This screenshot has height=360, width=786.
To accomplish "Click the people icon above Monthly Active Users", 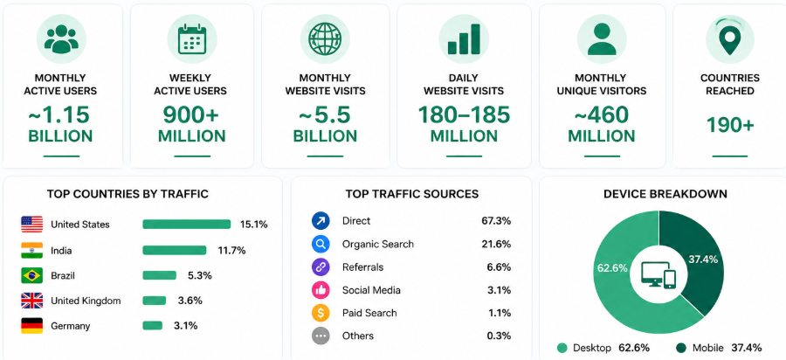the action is (61, 38).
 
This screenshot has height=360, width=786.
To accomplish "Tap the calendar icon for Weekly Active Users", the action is (192, 38).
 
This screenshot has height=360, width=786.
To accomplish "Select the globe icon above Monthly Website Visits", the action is (324, 38).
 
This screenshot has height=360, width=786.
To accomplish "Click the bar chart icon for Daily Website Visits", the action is (464, 38).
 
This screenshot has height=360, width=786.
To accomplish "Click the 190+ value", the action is (730, 125).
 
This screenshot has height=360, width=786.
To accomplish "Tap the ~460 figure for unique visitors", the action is (602, 115).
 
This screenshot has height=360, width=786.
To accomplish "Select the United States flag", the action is (31, 224).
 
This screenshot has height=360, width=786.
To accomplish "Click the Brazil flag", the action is (31, 275).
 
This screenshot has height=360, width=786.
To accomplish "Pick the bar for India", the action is (175, 250).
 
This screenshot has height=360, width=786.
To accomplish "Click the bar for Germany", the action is (152, 325).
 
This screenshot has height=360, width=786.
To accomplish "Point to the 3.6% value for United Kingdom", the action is (190, 301).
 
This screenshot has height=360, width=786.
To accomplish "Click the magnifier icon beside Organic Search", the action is (321, 244).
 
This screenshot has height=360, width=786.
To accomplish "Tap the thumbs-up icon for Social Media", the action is (321, 290).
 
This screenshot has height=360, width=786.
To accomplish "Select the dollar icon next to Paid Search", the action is (321, 313).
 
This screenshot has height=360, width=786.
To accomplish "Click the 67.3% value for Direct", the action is (499, 220).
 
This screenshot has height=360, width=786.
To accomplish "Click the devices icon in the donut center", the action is (658, 274).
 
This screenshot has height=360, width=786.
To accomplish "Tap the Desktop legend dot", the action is (562, 348).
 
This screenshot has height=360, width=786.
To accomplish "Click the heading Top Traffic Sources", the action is (412, 193).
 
